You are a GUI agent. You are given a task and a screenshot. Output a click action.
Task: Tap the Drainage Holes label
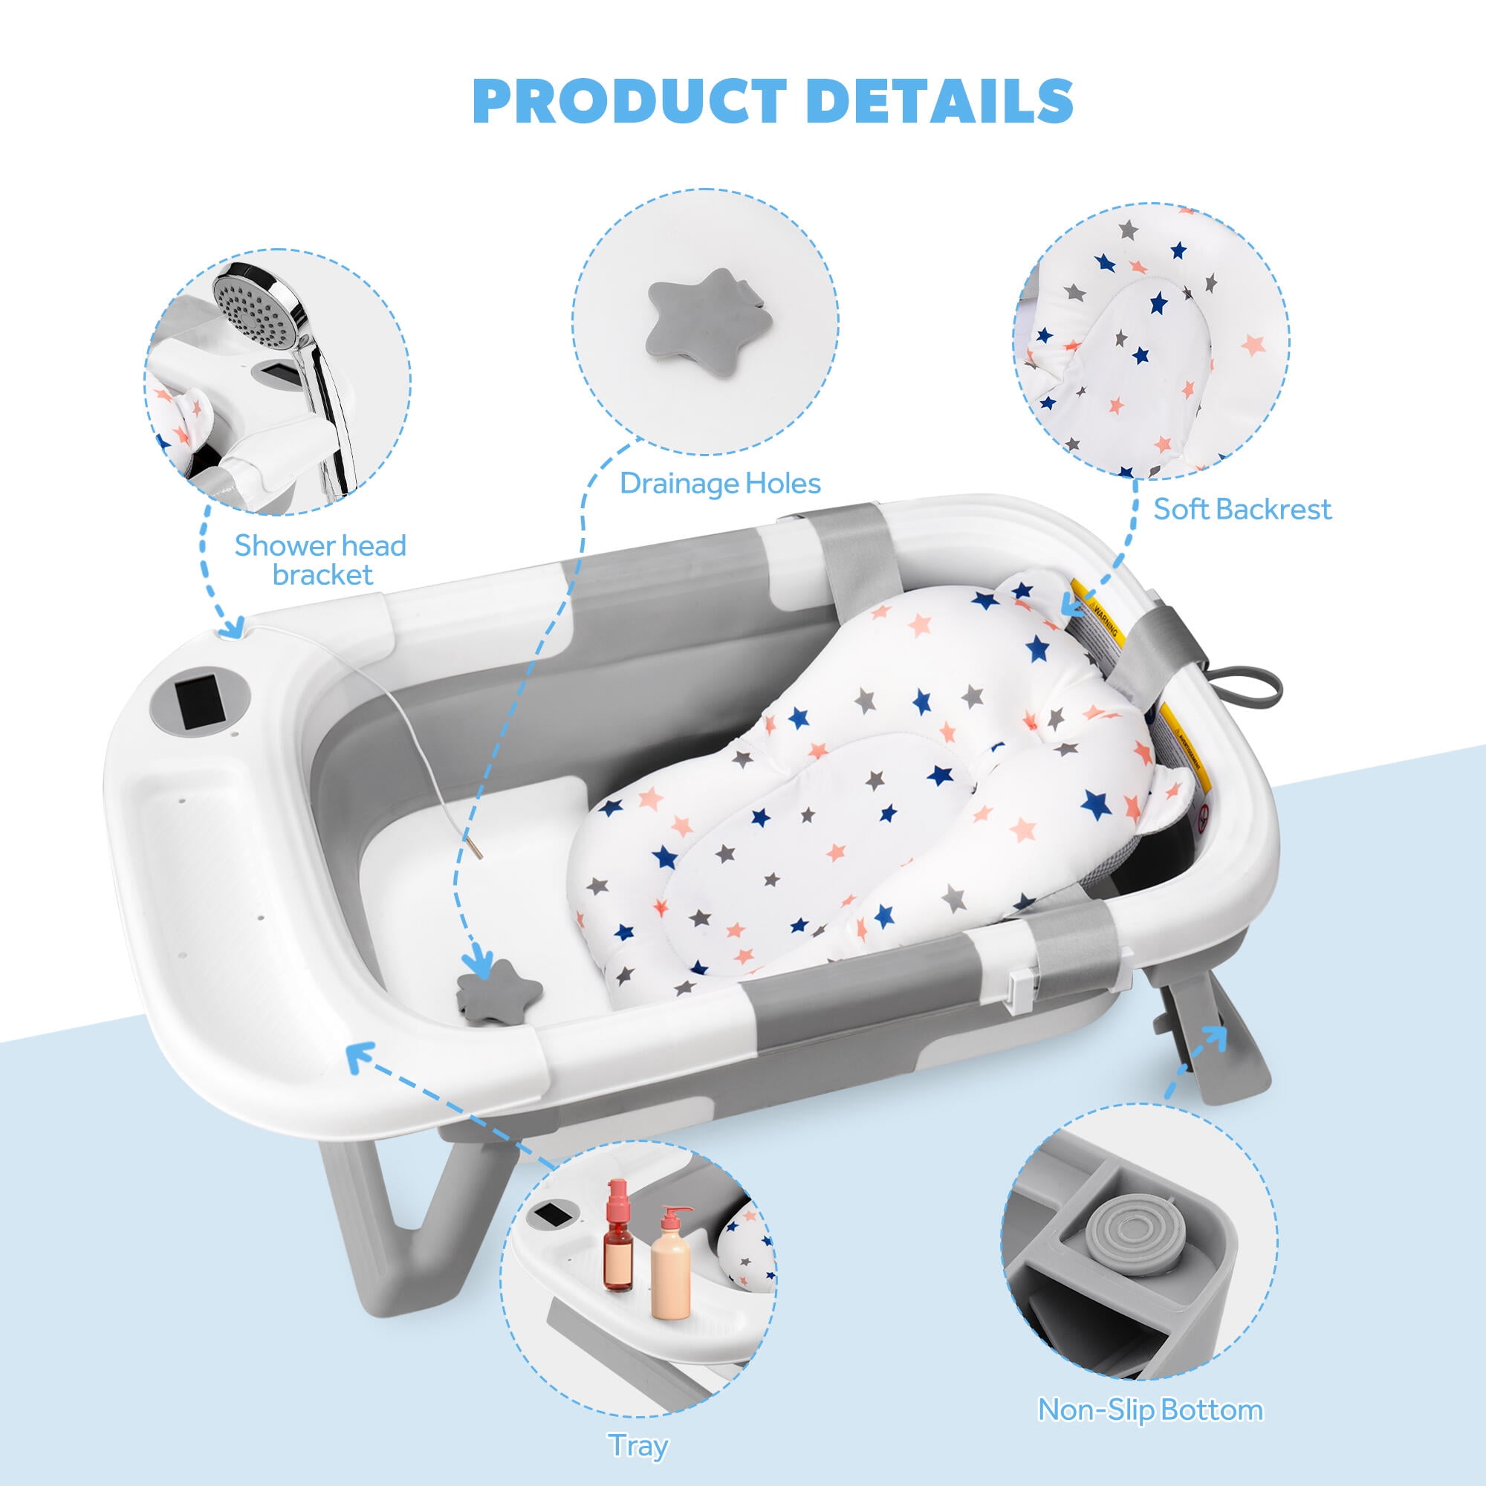coord(720,483)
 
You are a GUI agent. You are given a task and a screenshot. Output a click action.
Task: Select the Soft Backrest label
coord(1242,508)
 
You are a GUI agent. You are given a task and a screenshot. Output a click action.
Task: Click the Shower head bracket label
coord(321,560)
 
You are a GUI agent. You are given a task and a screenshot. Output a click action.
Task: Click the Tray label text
coord(637,1445)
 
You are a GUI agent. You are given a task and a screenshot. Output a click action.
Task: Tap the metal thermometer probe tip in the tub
coord(476,849)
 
